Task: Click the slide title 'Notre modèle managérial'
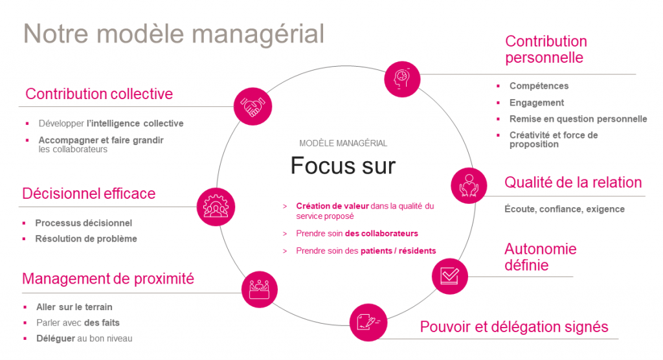click(x=174, y=34)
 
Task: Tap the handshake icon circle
click(x=253, y=106)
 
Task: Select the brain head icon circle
click(x=402, y=79)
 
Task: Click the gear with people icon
click(x=216, y=207)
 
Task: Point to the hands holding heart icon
click(x=469, y=186)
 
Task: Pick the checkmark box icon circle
click(x=450, y=276)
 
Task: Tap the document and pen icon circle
click(x=368, y=322)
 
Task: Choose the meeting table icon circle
click(x=260, y=289)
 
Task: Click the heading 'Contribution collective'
click(x=99, y=94)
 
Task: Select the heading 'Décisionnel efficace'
click(x=89, y=194)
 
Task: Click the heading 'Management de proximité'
click(x=108, y=279)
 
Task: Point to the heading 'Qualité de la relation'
click(x=573, y=183)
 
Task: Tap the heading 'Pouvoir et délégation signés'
click(x=513, y=326)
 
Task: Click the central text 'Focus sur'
click(x=343, y=165)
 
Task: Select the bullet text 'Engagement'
click(x=537, y=103)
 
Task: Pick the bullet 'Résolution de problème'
click(x=86, y=238)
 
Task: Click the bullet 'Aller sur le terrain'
click(x=74, y=307)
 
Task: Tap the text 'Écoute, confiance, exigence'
click(x=565, y=209)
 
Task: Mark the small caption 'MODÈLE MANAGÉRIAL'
click(x=343, y=143)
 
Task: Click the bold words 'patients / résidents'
click(x=398, y=251)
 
